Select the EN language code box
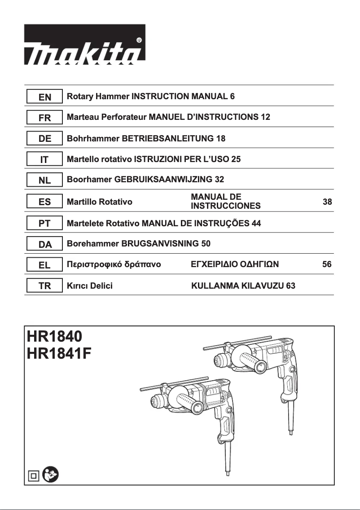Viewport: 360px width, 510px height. click(44, 97)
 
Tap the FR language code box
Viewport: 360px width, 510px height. click(44, 118)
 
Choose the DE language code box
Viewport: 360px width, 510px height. click(44, 139)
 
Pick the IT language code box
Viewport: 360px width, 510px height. click(44, 159)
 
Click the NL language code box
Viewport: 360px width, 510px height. click(44, 180)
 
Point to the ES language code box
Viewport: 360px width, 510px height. click(44, 202)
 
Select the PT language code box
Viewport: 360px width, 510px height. click(44, 223)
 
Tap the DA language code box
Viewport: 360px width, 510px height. click(44, 244)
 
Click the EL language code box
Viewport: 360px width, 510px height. click(44, 265)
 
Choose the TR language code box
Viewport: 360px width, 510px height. click(44, 286)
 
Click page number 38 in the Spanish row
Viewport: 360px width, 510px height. click(327, 202)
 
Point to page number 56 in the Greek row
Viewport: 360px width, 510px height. click(327, 265)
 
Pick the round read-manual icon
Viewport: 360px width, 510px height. click(50, 475)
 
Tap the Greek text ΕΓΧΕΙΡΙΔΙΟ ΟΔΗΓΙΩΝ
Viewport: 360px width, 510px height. click(235, 265)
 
